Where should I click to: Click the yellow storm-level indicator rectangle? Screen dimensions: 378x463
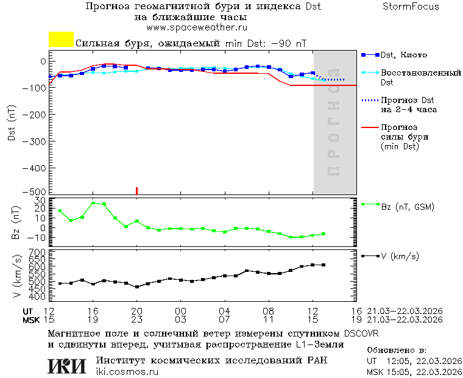point(61,40)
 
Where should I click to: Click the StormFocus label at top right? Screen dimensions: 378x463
point(411,7)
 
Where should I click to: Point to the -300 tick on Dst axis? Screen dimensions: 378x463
point(38,141)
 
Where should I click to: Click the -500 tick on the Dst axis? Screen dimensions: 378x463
point(38,191)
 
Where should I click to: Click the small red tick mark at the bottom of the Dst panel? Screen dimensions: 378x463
point(136,190)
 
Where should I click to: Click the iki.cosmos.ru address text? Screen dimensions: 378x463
point(127,372)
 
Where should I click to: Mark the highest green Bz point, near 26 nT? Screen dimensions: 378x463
point(93,203)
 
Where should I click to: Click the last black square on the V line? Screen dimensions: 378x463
point(323,265)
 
